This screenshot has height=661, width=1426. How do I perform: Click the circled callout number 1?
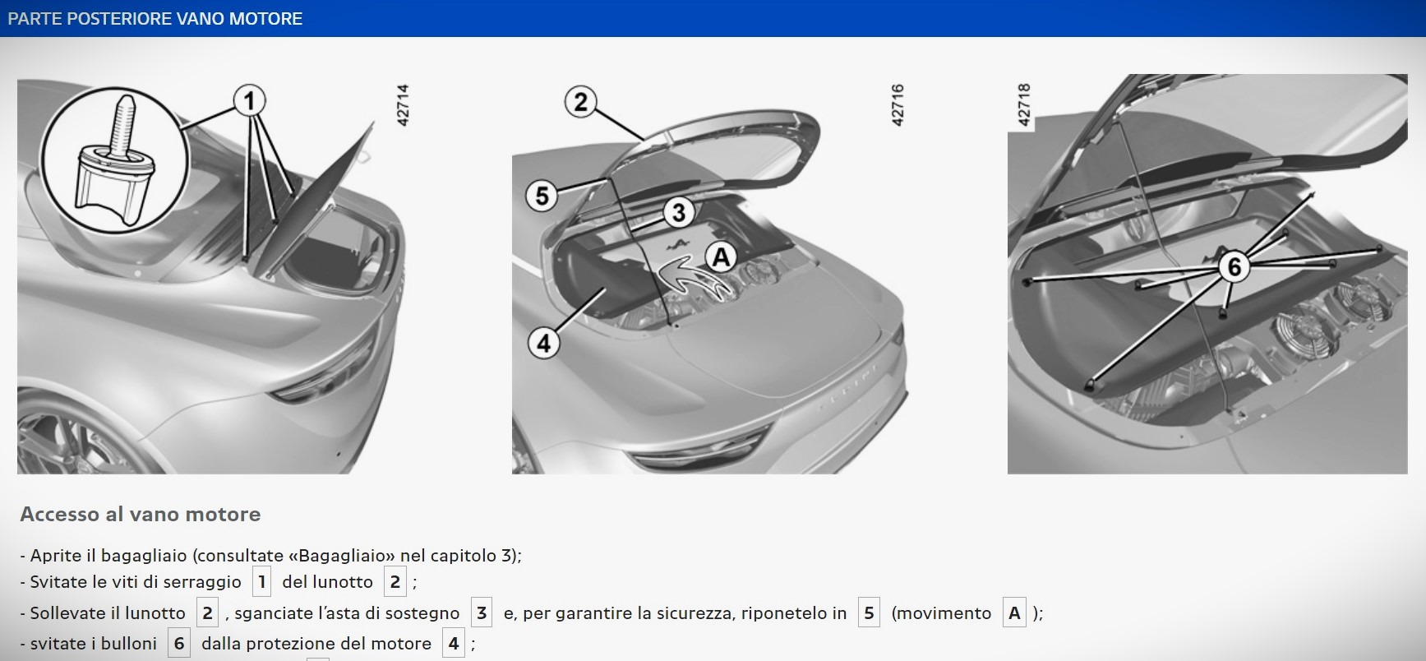250,101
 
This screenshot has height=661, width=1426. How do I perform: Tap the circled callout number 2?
581,102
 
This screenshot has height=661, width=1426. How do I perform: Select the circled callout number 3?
678,213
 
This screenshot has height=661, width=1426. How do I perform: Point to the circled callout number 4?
543,343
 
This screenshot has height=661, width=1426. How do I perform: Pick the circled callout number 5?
542,196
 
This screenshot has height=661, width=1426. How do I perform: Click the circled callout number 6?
1234,267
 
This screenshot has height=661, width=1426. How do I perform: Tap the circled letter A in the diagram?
721,257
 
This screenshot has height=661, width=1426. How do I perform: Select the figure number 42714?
403,105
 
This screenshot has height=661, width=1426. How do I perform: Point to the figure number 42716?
898,105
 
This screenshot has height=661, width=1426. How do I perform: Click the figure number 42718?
1023,105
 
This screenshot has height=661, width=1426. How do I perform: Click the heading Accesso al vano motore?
141,515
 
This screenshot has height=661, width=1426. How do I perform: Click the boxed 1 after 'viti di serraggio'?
261,582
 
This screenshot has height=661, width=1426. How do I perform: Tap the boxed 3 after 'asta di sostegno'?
482,613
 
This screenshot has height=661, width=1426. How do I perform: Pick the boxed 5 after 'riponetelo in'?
869,613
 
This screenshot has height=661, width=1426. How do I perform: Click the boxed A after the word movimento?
1014,613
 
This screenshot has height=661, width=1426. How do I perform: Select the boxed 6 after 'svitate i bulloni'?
179,644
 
